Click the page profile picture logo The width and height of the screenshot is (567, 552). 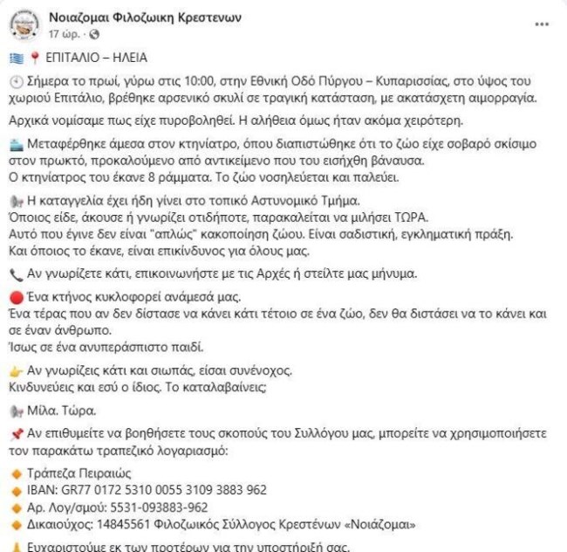[24, 24]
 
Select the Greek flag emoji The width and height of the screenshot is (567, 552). [15, 58]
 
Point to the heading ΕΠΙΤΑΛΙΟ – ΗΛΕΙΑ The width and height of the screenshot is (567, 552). [93, 58]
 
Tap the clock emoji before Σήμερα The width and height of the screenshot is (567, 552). [15, 80]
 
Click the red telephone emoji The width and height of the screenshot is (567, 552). [15, 273]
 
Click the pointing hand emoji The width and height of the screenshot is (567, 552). [15, 370]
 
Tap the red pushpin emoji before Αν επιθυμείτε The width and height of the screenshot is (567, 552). [15, 434]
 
